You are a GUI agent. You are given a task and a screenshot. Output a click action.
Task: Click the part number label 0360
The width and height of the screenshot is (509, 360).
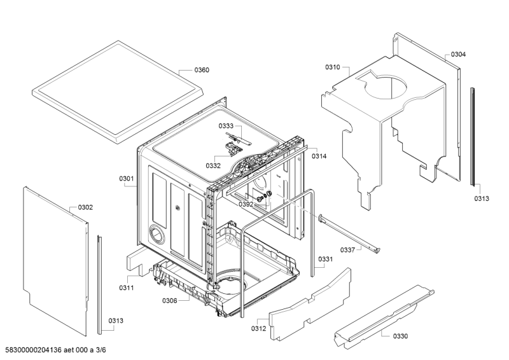(201, 70)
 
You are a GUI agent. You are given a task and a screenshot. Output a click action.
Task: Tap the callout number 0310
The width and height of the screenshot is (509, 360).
(333, 67)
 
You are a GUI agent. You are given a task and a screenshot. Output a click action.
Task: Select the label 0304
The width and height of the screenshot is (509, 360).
(458, 55)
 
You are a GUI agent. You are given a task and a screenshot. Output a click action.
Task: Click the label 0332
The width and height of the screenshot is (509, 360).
(213, 165)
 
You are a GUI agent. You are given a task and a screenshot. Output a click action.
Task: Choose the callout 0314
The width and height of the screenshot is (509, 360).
(319, 156)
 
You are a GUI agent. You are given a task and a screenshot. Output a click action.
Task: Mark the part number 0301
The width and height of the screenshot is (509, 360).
(126, 179)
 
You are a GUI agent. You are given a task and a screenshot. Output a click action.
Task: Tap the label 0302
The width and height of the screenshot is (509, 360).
(85, 207)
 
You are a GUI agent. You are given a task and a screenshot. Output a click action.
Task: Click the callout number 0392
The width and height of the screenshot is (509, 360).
(246, 204)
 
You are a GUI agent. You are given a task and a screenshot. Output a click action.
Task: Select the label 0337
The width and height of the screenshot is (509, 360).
(347, 250)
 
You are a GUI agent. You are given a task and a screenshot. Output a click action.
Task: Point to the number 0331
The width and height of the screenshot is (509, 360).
(325, 259)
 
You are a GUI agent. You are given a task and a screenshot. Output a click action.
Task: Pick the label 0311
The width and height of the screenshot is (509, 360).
(126, 288)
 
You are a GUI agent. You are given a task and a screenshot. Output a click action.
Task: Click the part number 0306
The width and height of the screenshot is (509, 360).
(169, 300)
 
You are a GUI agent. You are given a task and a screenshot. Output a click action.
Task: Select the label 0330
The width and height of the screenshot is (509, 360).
(400, 336)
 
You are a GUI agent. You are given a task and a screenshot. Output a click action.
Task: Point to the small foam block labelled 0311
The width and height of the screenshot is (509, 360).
(138, 257)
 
